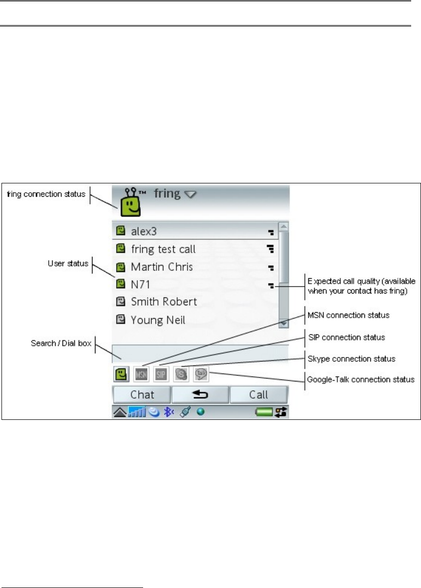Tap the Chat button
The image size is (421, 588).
click(x=142, y=394)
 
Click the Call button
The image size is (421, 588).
click(x=259, y=394)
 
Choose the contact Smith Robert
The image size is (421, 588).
click(x=164, y=301)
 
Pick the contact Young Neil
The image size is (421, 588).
click(x=158, y=320)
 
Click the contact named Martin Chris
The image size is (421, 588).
click(x=161, y=267)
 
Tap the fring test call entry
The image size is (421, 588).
click(x=163, y=249)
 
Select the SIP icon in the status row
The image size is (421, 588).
click(x=161, y=374)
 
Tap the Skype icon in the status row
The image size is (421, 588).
click(x=181, y=374)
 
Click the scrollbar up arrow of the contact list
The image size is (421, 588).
click(x=283, y=227)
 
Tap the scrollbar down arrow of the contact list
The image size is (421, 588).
click(x=283, y=323)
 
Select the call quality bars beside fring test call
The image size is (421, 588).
click(x=270, y=249)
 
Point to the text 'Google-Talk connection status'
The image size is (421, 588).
click(x=360, y=379)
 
